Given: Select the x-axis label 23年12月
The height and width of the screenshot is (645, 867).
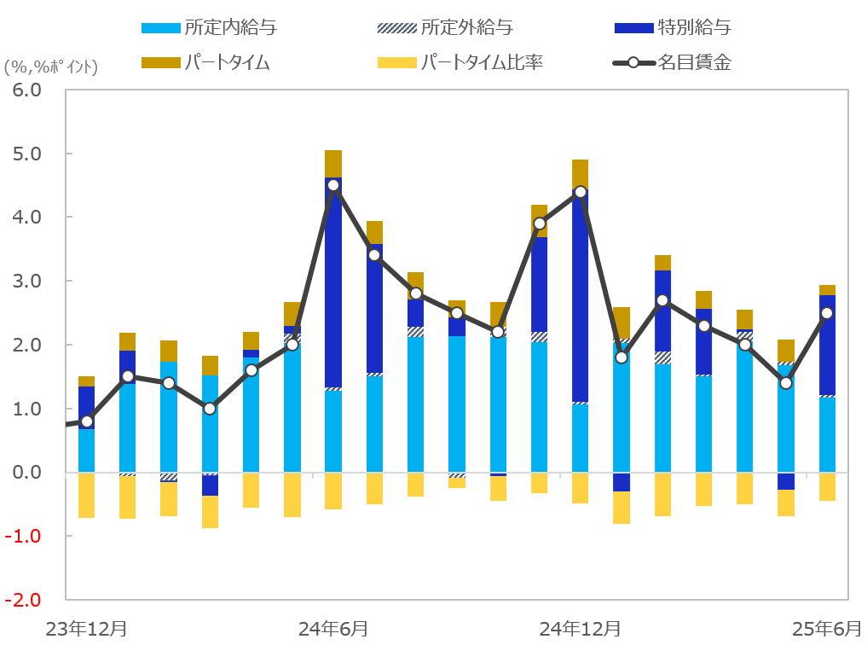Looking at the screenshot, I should point(86,629).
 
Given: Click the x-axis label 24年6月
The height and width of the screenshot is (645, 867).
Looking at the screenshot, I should point(333,629).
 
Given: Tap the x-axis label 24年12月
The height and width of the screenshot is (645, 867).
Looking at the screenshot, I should point(581,629).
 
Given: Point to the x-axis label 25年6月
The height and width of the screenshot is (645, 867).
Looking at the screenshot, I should point(826,629).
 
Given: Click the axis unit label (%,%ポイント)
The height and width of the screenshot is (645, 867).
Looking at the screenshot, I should point(51,67).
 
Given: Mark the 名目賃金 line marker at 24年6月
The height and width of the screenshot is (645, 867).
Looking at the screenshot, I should point(333,185).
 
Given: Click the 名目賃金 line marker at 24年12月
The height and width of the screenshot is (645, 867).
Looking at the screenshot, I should point(581,192).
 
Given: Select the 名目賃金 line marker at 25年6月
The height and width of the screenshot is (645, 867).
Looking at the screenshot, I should point(827,313).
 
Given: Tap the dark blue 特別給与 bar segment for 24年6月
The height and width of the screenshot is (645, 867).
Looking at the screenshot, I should point(333,282).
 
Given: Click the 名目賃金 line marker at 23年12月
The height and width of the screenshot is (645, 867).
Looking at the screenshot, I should point(86,421).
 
